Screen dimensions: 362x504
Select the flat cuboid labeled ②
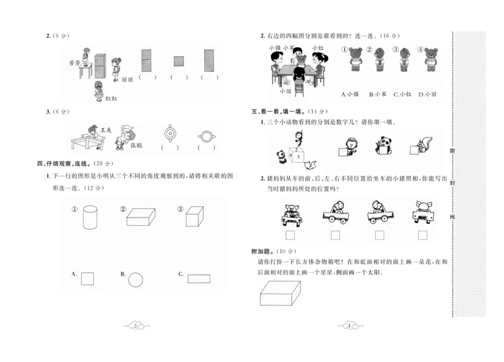click(140, 217)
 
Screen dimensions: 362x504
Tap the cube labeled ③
click(193, 217)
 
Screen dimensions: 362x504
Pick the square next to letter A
click(88, 278)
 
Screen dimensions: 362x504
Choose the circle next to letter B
click(136, 279)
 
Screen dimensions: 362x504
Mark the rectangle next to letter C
click(198, 278)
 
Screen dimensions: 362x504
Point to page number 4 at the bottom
click(348, 325)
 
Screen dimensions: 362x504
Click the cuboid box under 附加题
click(281, 293)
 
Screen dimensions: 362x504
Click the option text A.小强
click(350, 95)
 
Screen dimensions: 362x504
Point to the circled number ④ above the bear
click(420, 50)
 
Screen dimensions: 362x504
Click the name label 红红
click(112, 99)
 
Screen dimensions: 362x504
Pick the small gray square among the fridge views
click(179, 61)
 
